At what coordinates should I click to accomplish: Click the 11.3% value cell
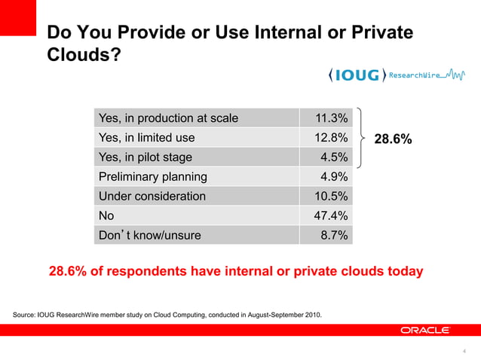[x=331, y=118]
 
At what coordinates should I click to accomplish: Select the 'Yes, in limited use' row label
[x=146, y=138]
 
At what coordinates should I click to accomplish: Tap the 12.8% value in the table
[x=331, y=138]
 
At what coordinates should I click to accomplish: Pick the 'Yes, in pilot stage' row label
[x=145, y=157]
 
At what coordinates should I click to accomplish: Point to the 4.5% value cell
[x=334, y=157]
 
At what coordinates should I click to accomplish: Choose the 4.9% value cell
[x=334, y=177]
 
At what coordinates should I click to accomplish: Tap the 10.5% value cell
[x=331, y=197]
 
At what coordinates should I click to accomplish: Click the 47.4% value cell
[x=331, y=216]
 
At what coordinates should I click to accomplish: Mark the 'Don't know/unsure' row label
[x=149, y=236]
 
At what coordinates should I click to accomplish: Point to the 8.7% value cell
[x=334, y=236]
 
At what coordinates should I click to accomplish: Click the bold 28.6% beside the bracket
[x=394, y=139]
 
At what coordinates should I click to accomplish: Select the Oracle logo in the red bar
[x=425, y=330]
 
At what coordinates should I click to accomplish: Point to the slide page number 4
[x=464, y=350]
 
